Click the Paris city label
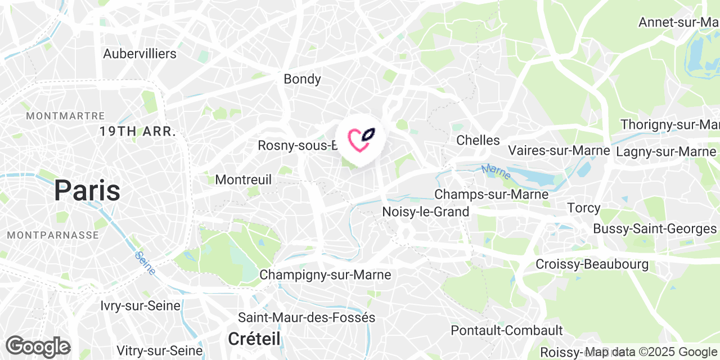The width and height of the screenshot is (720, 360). coord(87,191)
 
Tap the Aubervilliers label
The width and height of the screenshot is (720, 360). coord(139,54)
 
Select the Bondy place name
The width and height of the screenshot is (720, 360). coord(302,79)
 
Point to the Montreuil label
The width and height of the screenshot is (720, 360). coord(244,180)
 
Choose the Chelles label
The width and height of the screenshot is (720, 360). coord(478,140)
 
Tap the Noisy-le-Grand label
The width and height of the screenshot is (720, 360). coord(425,212)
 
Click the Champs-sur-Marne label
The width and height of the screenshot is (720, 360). coord(491,195)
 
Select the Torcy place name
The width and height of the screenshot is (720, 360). coord(584,208)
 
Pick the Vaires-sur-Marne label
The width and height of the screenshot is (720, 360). coord(559,151)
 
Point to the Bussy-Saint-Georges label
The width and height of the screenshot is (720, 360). coord(655,229)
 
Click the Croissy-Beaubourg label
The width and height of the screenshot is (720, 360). coord(592,264)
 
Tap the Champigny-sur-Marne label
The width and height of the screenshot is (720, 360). coord(325,275)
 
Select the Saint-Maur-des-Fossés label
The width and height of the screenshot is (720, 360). coord(307,318)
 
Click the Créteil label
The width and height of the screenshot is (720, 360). coord(254,339)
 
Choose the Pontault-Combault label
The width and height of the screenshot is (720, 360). coord(507,330)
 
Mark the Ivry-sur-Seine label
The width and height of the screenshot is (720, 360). coord(141,306)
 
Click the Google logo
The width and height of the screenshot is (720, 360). coord(38,346)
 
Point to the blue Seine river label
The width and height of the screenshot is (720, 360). coord(145,263)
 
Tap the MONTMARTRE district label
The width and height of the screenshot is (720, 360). coord(65,116)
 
